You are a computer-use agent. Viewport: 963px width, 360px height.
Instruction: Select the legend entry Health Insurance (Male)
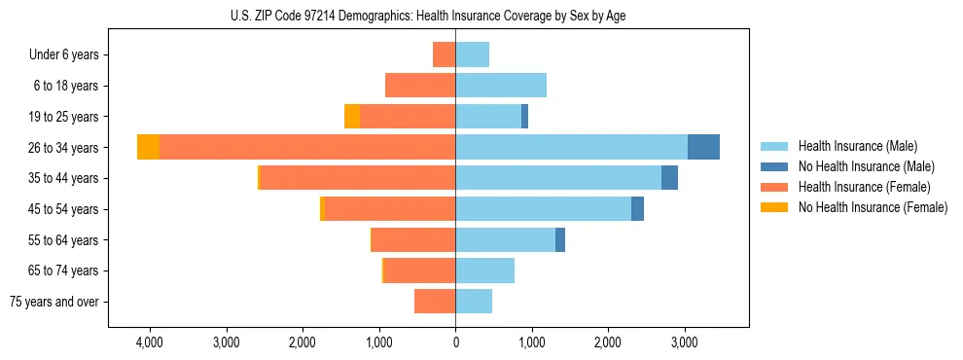pyautogui.click(x=857, y=147)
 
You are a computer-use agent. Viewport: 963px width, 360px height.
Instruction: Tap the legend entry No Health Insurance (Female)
pyautogui.click(x=873, y=207)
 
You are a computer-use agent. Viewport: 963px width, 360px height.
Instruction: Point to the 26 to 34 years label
pyautogui.click(x=64, y=148)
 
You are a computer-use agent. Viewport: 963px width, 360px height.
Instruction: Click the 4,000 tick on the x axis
pyautogui.click(x=150, y=342)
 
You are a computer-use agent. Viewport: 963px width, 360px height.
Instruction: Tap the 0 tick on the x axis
pyautogui.click(x=455, y=342)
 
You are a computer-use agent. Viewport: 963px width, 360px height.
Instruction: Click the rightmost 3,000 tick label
pyautogui.click(x=684, y=342)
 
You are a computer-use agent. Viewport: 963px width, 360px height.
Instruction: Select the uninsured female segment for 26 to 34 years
pyautogui.click(x=148, y=147)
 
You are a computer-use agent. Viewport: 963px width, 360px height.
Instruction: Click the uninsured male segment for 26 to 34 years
pyautogui.click(x=703, y=147)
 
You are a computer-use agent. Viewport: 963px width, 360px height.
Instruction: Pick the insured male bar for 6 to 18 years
pyautogui.click(x=501, y=86)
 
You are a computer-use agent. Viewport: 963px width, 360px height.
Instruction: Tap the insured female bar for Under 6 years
pyautogui.click(x=444, y=54)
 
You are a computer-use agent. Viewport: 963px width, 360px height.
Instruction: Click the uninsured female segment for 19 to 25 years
pyautogui.click(x=352, y=117)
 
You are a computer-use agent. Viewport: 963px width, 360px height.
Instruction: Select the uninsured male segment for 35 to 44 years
pyautogui.click(x=669, y=178)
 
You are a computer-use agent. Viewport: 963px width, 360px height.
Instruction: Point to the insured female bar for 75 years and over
pyautogui.click(x=435, y=302)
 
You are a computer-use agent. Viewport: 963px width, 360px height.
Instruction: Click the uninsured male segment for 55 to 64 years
pyautogui.click(x=559, y=240)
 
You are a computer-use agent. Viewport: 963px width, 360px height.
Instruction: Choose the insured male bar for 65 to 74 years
pyautogui.click(x=484, y=270)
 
